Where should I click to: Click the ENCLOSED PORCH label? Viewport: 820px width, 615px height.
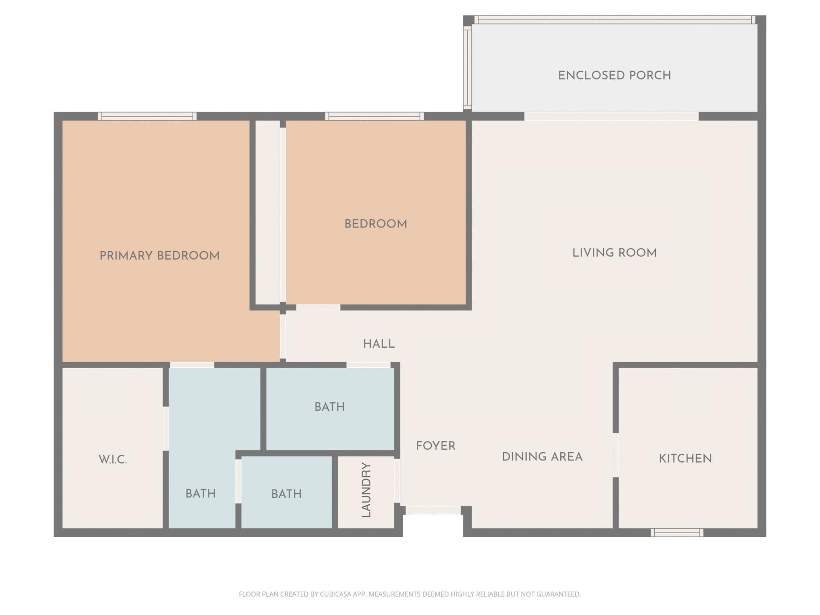tap(614, 76)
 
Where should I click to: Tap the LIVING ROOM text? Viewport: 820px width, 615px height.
tap(614, 253)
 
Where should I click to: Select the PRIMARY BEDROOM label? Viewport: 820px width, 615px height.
tap(159, 256)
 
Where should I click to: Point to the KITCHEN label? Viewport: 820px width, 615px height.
tap(685, 459)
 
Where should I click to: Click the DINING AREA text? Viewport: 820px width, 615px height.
tap(542, 457)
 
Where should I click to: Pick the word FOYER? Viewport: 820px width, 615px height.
tap(436, 446)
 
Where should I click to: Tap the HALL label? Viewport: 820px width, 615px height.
tap(379, 344)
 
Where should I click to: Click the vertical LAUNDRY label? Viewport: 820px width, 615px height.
tap(366, 490)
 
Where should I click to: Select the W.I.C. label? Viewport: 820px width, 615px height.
tap(113, 460)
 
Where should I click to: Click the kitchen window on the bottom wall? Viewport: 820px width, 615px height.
tap(677, 533)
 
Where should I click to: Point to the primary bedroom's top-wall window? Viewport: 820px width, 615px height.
tap(147, 116)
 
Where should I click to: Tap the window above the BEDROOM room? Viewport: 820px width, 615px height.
tap(374, 116)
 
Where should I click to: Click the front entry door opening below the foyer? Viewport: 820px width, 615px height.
tap(433, 510)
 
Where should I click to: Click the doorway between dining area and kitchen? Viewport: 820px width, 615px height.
tap(615, 455)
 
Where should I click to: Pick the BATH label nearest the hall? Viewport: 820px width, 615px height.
tap(329, 407)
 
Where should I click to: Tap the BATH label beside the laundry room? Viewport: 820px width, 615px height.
tap(286, 494)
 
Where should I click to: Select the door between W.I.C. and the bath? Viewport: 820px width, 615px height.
tap(166, 429)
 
